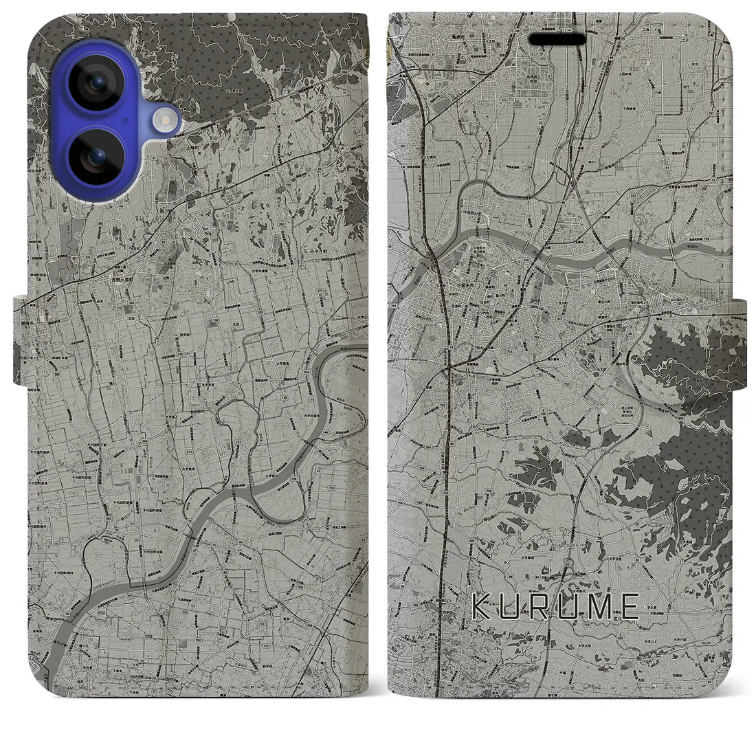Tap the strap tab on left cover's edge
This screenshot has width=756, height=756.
click(19, 340)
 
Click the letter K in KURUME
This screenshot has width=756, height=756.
click(481, 606)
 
